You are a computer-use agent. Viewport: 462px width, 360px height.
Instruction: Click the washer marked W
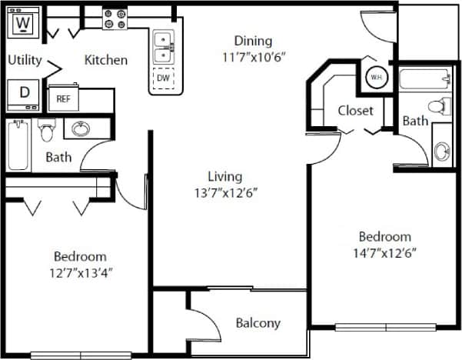pos(24,24)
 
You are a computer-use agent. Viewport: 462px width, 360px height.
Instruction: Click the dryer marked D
pos(24,92)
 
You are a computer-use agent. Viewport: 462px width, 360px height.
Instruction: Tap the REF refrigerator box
pos(62,98)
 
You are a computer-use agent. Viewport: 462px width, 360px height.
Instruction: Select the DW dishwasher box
pos(163,78)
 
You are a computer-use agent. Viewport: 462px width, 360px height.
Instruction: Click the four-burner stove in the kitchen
pos(115,19)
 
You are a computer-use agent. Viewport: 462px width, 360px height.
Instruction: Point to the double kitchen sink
pos(162,47)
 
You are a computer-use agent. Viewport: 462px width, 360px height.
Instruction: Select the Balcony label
pos(258,323)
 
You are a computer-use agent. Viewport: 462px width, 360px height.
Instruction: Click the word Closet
pos(356,110)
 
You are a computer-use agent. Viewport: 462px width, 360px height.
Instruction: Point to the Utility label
pos(25,60)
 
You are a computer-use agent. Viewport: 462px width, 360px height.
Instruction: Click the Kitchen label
pos(106,60)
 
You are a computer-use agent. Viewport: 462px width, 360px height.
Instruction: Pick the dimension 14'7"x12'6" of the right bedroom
pos(384,252)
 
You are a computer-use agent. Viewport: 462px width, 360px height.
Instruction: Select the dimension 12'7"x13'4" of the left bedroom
pos(80,272)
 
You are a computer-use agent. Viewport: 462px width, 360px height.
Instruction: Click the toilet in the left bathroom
pos(45,132)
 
